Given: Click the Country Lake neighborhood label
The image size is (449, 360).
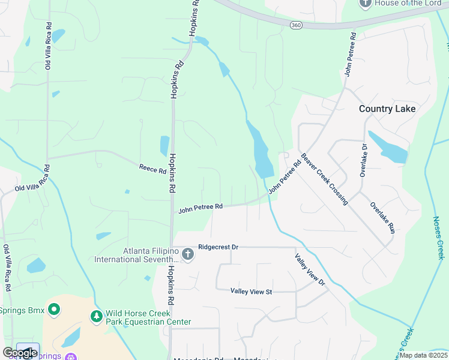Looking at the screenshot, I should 387,109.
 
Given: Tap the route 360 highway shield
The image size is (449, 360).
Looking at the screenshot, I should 295,25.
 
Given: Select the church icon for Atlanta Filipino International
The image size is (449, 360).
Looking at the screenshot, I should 187,254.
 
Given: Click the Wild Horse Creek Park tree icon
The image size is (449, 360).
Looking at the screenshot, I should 96,315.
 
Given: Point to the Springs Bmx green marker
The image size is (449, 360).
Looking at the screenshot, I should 54,310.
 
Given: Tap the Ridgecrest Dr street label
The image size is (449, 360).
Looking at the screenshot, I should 218,247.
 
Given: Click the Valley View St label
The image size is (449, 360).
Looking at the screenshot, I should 252,292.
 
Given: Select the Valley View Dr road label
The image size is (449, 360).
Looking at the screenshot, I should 310,269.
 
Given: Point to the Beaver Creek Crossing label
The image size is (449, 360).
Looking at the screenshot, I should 325,179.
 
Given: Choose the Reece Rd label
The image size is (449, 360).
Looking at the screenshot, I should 152,170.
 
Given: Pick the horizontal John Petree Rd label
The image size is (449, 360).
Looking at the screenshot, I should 200,208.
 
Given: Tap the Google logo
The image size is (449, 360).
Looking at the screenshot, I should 20,353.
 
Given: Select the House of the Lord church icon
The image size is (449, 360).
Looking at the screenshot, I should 365,3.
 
